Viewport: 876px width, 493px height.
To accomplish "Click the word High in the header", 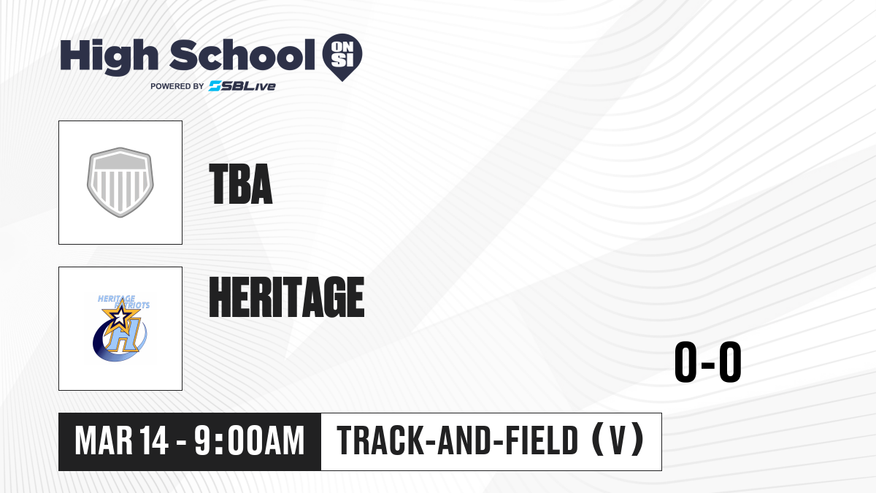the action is pyautogui.click(x=109, y=57).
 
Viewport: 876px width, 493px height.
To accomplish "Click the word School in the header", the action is pyautogui.click(x=242, y=56).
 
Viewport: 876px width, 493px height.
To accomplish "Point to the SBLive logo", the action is pyautogui.click(x=242, y=86).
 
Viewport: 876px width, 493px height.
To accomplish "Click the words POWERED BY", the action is pyautogui.click(x=177, y=86).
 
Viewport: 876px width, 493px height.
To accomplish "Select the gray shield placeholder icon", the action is pyautogui.click(x=120, y=183).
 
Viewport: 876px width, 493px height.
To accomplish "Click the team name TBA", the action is pyautogui.click(x=240, y=184).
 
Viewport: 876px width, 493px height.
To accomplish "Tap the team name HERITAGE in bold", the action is pyautogui.click(x=287, y=297).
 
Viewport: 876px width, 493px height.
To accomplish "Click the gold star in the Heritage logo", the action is pyautogui.click(x=120, y=315).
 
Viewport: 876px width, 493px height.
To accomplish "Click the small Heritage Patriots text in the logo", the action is pyautogui.click(x=123, y=302).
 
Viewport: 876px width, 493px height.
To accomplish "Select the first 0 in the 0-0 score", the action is pyautogui.click(x=685, y=362).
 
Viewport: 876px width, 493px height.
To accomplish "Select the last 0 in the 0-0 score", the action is pyautogui.click(x=730, y=362).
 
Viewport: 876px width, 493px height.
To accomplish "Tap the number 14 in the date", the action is pyautogui.click(x=154, y=441).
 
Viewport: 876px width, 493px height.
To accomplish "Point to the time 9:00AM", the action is pyautogui.click(x=249, y=441).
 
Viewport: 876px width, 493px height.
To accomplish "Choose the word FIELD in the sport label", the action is pyautogui.click(x=542, y=441).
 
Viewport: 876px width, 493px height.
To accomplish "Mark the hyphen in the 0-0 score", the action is pyautogui.click(x=708, y=364).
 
